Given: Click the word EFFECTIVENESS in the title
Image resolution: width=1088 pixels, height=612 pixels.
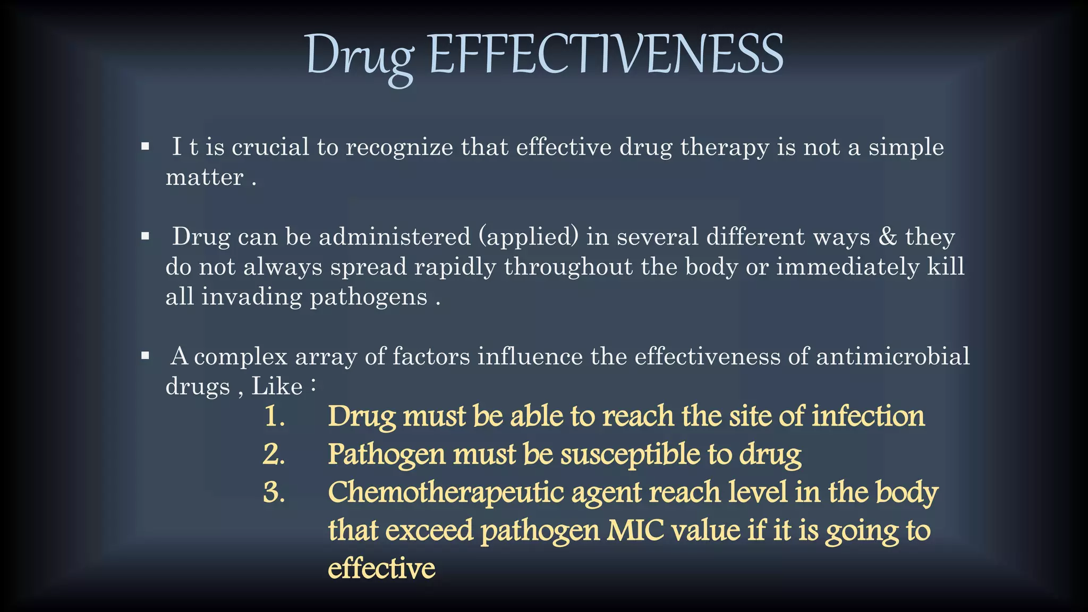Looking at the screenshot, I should [606, 55].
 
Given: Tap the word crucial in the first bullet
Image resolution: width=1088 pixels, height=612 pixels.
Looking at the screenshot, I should [270, 147].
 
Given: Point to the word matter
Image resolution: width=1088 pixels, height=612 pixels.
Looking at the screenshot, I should [205, 177].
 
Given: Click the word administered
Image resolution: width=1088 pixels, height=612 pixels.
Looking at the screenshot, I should [395, 237].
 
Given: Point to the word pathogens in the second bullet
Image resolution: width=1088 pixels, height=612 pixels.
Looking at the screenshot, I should [369, 297].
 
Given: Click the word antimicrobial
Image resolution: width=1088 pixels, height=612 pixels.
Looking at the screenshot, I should [893, 356].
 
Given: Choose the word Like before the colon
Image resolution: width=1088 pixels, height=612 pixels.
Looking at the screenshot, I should [277, 386].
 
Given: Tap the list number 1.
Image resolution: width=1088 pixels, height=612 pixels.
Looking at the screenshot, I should [274, 416].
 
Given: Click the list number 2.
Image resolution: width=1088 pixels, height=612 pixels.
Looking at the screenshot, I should [274, 454].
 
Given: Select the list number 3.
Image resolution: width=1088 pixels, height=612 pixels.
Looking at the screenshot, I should [274, 492].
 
